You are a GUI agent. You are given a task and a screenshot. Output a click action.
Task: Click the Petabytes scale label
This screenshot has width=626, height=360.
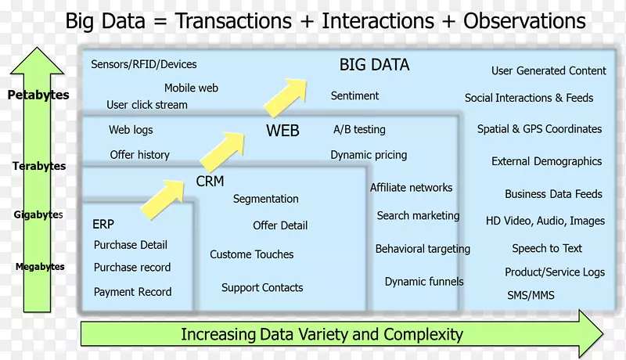[x=38, y=95]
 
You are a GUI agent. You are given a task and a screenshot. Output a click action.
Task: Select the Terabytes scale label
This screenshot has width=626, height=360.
[x=39, y=166]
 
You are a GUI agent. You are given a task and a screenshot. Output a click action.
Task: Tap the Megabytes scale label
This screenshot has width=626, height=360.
[x=40, y=267]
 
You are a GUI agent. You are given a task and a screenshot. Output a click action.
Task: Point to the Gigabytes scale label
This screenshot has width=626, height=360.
[x=38, y=214]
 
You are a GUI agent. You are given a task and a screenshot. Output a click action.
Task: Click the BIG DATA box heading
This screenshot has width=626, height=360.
[x=374, y=65]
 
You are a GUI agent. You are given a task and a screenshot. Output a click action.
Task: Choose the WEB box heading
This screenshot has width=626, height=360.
[x=282, y=131]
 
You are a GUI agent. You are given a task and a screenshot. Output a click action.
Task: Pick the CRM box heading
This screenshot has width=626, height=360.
[x=210, y=182]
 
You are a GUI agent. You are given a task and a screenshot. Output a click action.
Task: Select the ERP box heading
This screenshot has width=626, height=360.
[x=103, y=224]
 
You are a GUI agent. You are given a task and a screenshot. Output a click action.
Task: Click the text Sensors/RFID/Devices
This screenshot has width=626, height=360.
[x=144, y=64]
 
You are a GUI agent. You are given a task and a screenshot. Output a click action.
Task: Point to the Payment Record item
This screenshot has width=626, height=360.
[x=132, y=292]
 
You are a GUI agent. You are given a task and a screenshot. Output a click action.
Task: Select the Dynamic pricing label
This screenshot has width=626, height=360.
[x=369, y=155]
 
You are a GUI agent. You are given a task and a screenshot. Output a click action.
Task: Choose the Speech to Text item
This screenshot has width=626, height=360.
[x=547, y=248]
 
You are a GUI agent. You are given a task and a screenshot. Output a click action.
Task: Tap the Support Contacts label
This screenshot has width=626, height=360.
[x=262, y=287]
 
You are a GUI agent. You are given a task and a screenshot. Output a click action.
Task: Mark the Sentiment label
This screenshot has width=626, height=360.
[x=354, y=95]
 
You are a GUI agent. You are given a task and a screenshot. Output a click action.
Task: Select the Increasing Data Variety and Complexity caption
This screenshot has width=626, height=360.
[x=322, y=335]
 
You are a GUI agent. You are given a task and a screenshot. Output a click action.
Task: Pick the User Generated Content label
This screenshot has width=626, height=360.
[x=549, y=70]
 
